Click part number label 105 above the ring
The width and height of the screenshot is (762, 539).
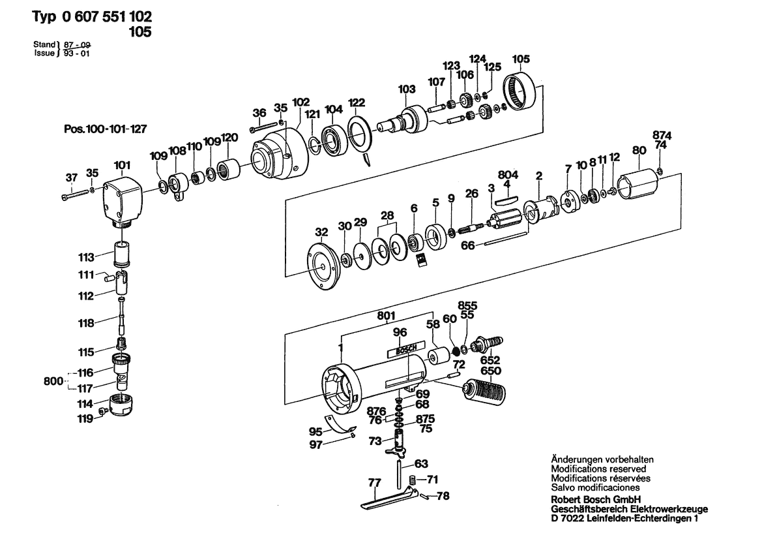tap(520, 59)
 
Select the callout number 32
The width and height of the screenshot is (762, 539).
tap(322, 232)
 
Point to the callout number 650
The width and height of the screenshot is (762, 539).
tap(490, 371)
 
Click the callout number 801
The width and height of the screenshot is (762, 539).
tap(387, 316)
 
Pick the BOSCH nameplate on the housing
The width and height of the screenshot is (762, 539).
tap(402, 350)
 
